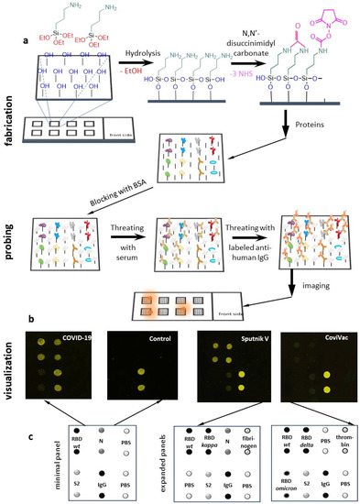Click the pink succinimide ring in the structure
click(x=329, y=19)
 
